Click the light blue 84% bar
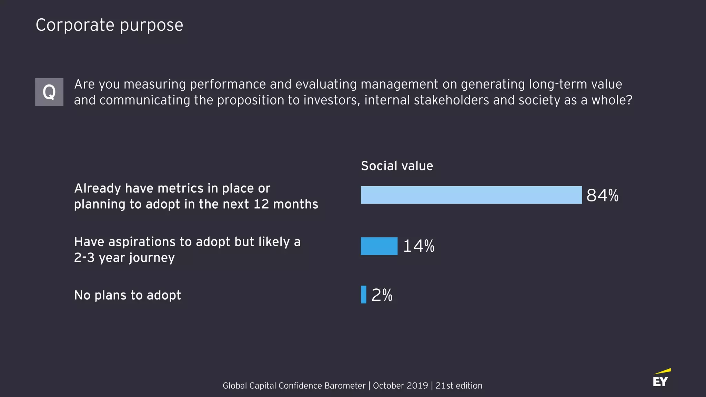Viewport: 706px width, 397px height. pyautogui.click(x=471, y=195)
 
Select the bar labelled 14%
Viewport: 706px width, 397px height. pyautogui.click(x=379, y=246)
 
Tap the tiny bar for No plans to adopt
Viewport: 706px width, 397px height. pyautogui.click(x=363, y=295)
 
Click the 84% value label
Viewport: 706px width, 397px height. pyautogui.click(x=602, y=195)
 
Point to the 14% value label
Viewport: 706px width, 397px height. pyautogui.click(x=418, y=246)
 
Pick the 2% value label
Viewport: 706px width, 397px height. pyautogui.click(x=382, y=295)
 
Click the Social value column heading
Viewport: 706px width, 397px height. pyautogui.click(x=397, y=166)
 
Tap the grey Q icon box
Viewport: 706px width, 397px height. pyautogui.click(x=49, y=92)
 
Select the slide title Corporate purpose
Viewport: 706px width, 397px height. pyautogui.click(x=109, y=25)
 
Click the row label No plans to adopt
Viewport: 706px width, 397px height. pyautogui.click(x=127, y=295)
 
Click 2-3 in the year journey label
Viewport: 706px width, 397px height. pyautogui.click(x=84, y=258)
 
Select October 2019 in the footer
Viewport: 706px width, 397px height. pyautogui.click(x=400, y=386)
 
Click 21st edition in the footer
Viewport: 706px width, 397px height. pyautogui.click(x=458, y=386)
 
